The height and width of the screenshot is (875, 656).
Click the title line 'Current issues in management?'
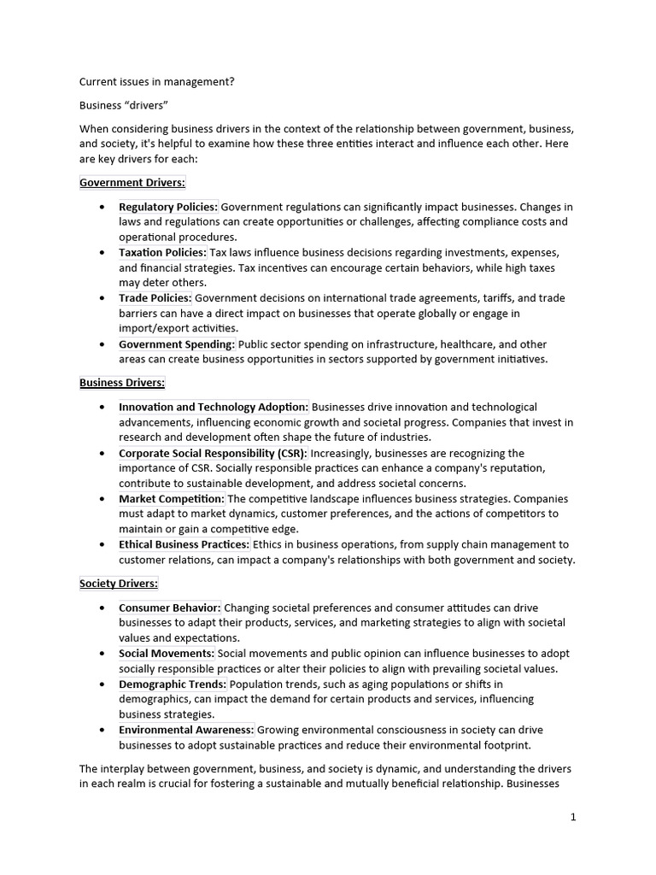[x=157, y=82]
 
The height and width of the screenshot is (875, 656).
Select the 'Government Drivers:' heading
[x=132, y=182]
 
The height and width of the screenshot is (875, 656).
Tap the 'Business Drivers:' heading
[x=122, y=383]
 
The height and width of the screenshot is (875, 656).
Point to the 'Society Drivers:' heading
[x=119, y=584]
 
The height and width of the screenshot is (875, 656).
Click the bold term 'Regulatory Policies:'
[x=168, y=207]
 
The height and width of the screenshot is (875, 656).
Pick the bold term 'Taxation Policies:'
[x=162, y=253]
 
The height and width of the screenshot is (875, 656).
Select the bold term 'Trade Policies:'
[x=155, y=298]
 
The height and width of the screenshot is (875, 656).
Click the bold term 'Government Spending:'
[x=177, y=344]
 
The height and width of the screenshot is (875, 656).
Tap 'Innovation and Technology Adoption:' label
[x=214, y=408]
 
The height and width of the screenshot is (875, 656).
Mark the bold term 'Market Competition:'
[x=172, y=499]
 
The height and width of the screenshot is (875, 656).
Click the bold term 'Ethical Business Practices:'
[x=184, y=544]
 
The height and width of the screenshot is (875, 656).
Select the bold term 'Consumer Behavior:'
[x=170, y=608]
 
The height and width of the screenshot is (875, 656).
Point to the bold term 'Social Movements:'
[x=167, y=654]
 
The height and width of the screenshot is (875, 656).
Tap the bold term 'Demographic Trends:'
[x=173, y=684]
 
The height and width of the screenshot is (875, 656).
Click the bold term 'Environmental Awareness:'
[x=186, y=730]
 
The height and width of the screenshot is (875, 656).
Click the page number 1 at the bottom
[x=573, y=817]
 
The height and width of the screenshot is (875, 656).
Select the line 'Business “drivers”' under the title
[x=124, y=105]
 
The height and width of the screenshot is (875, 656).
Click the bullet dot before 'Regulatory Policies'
[x=102, y=208]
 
